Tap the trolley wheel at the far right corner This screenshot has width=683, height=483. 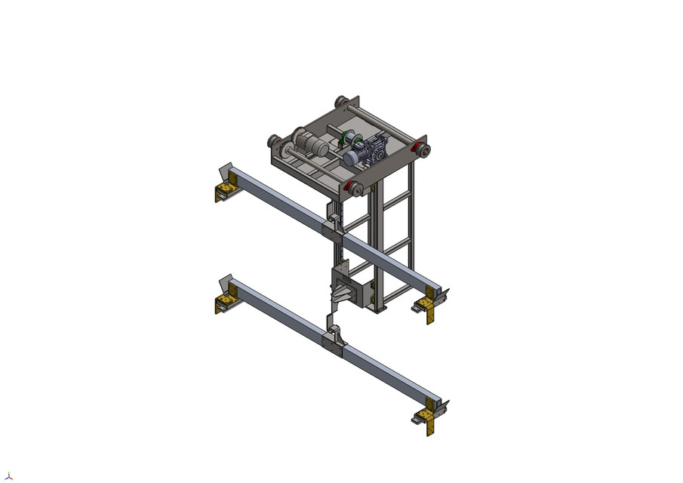pyautogui.click(x=424, y=150)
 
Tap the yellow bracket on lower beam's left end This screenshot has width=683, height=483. pyautogui.click(x=223, y=302)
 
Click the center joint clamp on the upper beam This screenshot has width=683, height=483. pyautogui.click(x=334, y=229)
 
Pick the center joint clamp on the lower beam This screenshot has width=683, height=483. pyautogui.click(x=334, y=340)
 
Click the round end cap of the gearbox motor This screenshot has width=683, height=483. pyautogui.click(x=349, y=159)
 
